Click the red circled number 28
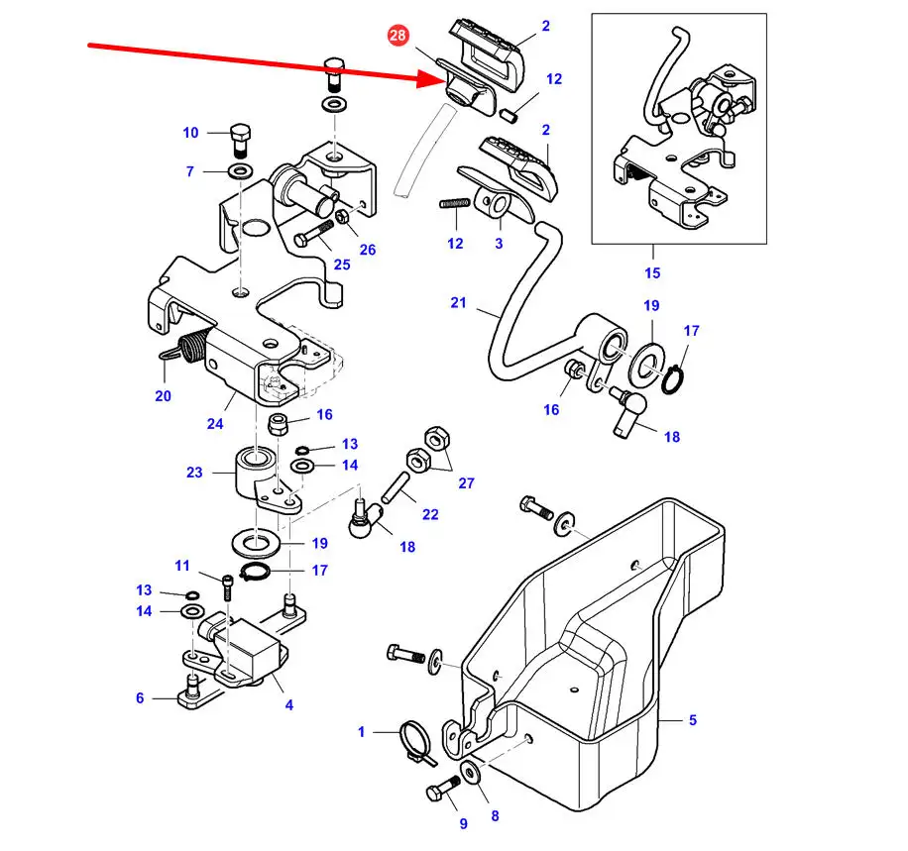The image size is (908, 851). coord(397,37)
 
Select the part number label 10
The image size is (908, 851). coord(190,133)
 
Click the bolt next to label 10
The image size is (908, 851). coord(240,139)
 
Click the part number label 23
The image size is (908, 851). coord(194,473)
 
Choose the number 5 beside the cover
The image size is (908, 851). coord(693,720)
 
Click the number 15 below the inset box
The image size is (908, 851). coord(651,272)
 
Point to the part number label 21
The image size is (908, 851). coord(457,303)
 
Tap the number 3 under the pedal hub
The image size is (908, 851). coord(499,243)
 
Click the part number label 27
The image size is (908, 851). coord(466,483)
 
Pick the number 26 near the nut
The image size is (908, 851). coord(368,250)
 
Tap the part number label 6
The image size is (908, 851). coord(140,698)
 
